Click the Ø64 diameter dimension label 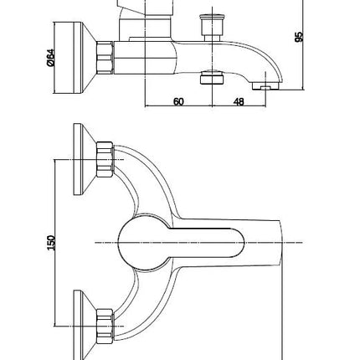[x=50, y=58]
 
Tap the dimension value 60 [x=178, y=101]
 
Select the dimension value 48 [x=239, y=102]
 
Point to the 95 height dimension [x=299, y=37]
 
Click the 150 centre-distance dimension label [x=51, y=243]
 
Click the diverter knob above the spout [x=212, y=27]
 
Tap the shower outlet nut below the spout [x=213, y=78]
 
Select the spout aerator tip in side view [x=265, y=86]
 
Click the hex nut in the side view [x=105, y=58]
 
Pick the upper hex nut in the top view [x=105, y=160]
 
